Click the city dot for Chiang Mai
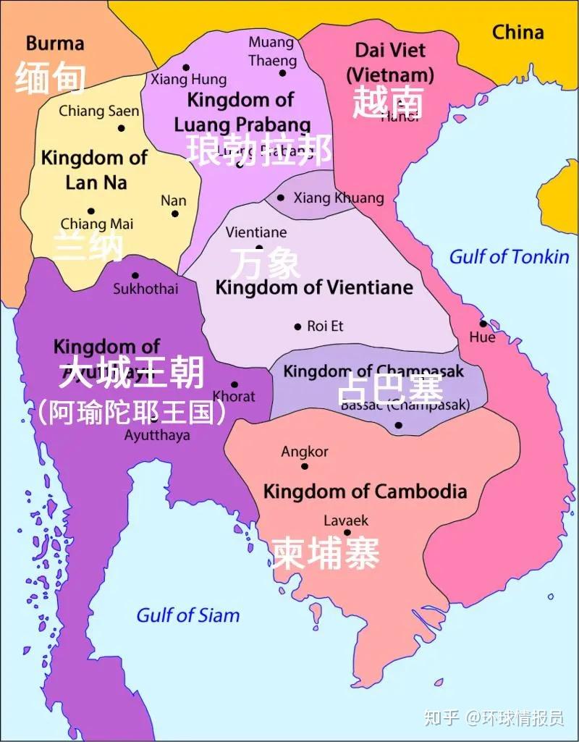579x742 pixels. point(91,211)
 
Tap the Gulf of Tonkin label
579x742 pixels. point(509,257)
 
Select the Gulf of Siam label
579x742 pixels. point(187,615)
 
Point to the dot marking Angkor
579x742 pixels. point(305,466)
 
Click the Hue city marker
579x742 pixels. point(483,324)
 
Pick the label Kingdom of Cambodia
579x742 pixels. point(365,492)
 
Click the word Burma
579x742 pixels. point(55,43)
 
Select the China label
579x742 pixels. point(517,33)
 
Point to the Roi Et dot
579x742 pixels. point(297,327)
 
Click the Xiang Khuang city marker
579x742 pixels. point(281,198)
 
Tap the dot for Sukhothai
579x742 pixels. point(135,275)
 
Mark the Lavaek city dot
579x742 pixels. point(347,533)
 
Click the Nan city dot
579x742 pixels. point(174,214)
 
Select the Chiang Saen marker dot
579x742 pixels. point(122,128)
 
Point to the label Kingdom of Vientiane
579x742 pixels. point(314,288)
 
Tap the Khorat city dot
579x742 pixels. point(234,384)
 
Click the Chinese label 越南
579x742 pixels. point(388,104)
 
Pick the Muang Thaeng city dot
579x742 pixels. point(282,72)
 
